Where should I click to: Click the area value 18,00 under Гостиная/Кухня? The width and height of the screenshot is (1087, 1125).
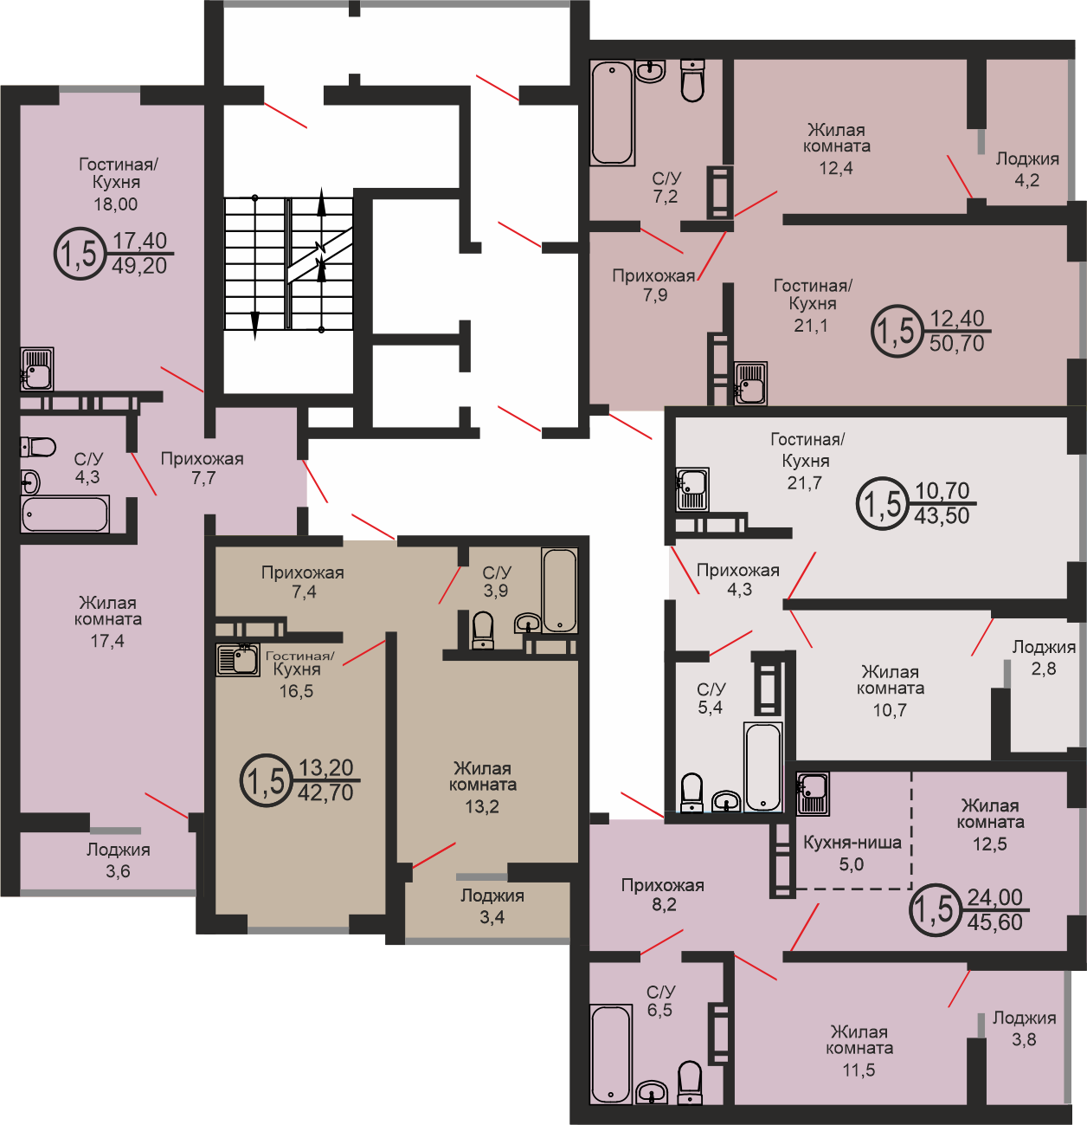pos(115,204)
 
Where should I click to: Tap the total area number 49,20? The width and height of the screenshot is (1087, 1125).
pos(139,266)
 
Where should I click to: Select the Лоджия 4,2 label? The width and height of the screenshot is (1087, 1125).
pos(1027,170)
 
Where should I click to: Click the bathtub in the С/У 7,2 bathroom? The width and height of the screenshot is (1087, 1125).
pos(612,113)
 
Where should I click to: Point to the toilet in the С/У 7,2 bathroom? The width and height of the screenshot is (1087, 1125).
pos(692,81)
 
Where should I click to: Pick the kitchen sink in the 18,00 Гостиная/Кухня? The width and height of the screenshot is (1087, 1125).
pos(37,369)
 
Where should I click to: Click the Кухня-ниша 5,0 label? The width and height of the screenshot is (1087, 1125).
pos(852,853)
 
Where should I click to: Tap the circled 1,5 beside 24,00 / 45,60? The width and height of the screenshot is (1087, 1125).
pos(934,910)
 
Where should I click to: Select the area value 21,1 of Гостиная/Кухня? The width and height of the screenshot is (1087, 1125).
pos(811,326)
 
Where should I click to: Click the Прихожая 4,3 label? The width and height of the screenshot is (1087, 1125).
pos(738,579)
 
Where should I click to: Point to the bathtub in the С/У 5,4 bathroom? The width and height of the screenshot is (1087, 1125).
pos(763,766)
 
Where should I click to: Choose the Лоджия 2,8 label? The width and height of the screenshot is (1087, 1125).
pos(1044,657)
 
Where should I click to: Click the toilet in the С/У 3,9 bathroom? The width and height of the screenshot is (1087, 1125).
pos(483,630)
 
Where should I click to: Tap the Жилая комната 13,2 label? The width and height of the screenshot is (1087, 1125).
pos(482,786)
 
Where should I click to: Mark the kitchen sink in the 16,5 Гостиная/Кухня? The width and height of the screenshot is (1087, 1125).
pos(237,660)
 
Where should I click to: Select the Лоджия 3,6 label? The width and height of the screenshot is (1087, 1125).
pos(119,860)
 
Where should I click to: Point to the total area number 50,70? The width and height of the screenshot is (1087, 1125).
pos(956,344)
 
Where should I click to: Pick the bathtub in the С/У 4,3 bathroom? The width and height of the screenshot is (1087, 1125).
pos(65,514)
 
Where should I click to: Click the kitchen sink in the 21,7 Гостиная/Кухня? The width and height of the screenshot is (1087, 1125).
pos(692,489)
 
